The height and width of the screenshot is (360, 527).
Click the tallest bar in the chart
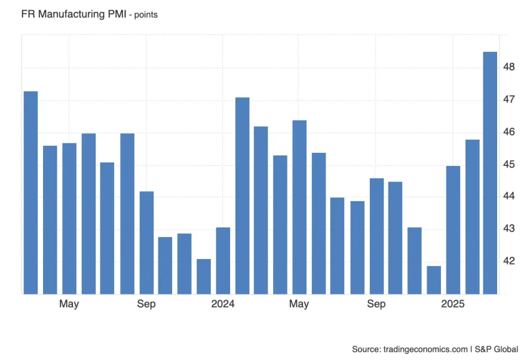point(490,173)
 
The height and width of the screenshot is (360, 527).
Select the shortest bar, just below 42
point(434,280)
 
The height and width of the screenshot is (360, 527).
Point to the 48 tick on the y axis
point(509,67)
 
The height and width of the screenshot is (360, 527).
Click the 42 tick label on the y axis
point(509,261)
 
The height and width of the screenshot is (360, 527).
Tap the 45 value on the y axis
point(509,164)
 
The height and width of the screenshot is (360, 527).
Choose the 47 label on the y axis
point(509,99)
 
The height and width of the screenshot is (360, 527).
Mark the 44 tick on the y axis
point(509,196)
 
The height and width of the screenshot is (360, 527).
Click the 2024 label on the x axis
point(223,304)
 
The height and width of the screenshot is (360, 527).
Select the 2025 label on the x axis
point(453,304)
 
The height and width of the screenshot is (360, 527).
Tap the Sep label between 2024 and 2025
point(376,304)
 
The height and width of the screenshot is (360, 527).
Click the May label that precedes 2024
point(69,304)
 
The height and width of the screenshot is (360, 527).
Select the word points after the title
point(146,15)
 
